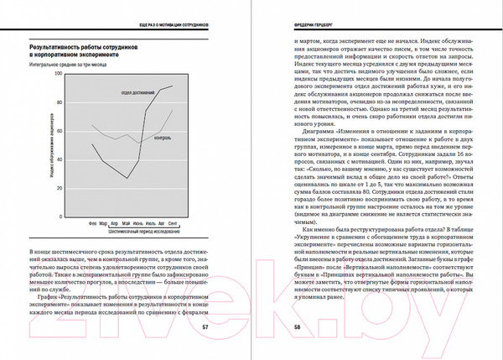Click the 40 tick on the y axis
click(x=60, y=163)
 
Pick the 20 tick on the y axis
click(x=60, y=191)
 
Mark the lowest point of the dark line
click(x=127, y=178)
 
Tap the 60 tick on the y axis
click(x=60, y=134)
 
